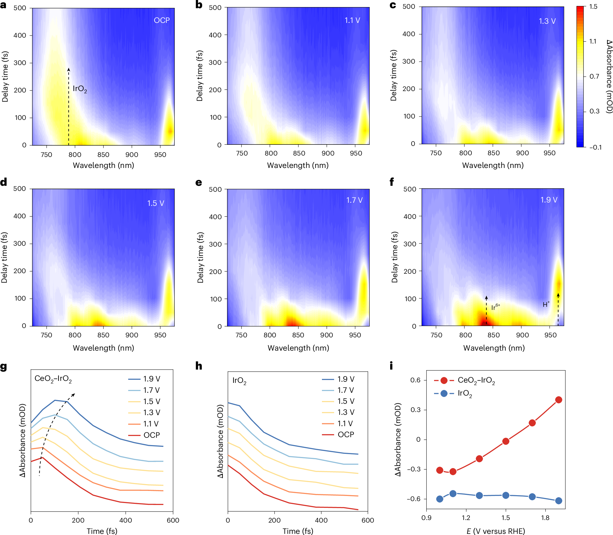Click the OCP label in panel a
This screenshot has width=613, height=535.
click(x=162, y=20)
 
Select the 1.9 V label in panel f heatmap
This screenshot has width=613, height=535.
click(x=549, y=200)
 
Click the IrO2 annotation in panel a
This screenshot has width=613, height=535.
click(x=80, y=89)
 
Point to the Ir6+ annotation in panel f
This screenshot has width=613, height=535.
click(x=495, y=307)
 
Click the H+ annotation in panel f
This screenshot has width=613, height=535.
click(x=546, y=304)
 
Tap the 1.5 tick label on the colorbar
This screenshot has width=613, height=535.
click(x=593, y=7)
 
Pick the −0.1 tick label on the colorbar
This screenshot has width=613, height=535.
click(x=595, y=147)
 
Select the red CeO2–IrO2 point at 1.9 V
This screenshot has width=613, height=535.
click(x=558, y=400)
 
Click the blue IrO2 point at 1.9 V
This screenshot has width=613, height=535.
click(x=558, y=501)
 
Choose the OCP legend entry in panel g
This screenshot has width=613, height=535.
click(x=151, y=435)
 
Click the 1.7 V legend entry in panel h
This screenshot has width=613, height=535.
click(x=345, y=390)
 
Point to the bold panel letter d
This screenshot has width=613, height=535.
click(x=4, y=182)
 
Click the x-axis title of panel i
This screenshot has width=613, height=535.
click(x=495, y=531)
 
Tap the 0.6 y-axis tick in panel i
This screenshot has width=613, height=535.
click(x=415, y=380)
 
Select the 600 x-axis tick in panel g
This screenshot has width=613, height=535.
click(x=173, y=520)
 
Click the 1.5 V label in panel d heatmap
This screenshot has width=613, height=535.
click(x=155, y=203)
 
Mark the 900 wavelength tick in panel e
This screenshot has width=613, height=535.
click(x=326, y=335)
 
